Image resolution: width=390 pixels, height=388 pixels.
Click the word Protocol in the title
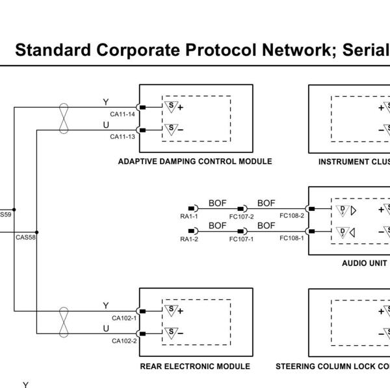pyautogui.click(x=221, y=50)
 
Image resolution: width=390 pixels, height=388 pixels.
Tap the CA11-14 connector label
pyautogui.click(x=122, y=114)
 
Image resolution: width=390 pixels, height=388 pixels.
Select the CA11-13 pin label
pyautogui.click(x=122, y=137)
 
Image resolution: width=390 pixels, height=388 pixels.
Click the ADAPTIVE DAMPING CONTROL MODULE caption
pyautogui.click(x=195, y=162)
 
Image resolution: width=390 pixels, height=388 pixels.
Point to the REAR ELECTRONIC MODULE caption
pyautogui.click(x=195, y=367)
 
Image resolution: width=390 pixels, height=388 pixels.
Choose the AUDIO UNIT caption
pyautogui.click(x=365, y=263)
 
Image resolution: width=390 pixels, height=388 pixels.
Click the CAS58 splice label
pyautogui.click(x=25, y=237)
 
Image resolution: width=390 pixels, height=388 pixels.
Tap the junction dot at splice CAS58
pyautogui.click(x=37, y=232)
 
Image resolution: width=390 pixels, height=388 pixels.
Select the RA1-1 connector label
pyautogui.click(x=189, y=217)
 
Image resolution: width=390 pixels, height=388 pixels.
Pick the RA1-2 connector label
pyautogui.click(x=189, y=239)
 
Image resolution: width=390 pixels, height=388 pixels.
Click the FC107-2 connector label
pyautogui.click(x=242, y=217)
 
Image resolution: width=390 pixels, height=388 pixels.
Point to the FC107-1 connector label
pyautogui.click(x=242, y=239)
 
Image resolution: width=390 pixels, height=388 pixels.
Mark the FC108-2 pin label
pyautogui.click(x=292, y=215)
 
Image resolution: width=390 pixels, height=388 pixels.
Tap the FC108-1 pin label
pyautogui.click(x=292, y=238)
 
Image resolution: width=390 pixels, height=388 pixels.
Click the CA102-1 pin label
pyautogui.click(x=124, y=318)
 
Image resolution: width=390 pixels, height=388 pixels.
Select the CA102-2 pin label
pyautogui.click(x=124, y=341)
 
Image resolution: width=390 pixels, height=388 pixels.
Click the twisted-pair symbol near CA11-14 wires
pyautogui.click(x=64, y=119)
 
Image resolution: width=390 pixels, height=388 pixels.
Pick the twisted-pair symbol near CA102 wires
pyautogui.click(x=64, y=322)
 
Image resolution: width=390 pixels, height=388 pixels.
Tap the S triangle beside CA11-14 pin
pyautogui.click(x=171, y=106)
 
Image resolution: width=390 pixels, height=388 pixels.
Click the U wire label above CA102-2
pyautogui.click(x=106, y=328)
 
